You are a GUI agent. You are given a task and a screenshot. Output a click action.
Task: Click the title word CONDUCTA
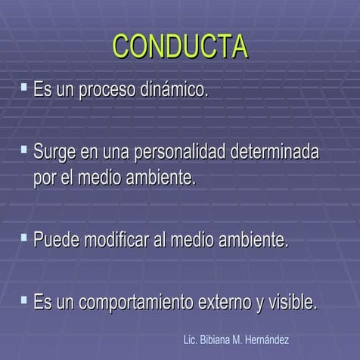click(180, 46)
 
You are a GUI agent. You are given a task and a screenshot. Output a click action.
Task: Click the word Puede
click(56, 241)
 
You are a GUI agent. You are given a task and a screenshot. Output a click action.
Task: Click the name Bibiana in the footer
click(218, 341)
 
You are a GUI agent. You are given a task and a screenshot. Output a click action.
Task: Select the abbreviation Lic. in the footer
click(191, 341)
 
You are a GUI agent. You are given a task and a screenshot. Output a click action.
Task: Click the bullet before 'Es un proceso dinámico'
click(25, 88)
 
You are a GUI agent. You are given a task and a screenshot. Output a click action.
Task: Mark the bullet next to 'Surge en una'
click(25, 150)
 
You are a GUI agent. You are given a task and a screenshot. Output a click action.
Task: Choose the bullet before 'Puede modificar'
click(25, 238)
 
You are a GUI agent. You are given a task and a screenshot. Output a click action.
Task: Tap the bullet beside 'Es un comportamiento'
click(25, 300)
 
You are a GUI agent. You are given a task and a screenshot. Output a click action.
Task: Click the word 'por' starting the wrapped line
click(45, 180)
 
